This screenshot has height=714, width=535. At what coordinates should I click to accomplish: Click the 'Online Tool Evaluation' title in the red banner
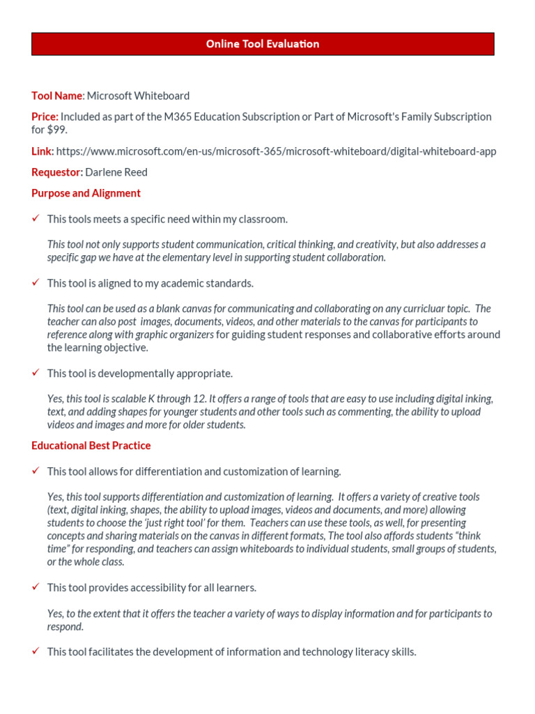point(263,44)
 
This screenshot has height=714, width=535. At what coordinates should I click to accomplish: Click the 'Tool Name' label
point(57,96)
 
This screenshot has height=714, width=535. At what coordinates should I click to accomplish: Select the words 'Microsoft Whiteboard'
point(138,96)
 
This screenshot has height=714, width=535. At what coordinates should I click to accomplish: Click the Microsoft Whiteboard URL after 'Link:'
point(276,151)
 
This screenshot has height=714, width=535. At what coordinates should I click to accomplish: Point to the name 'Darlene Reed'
point(116,172)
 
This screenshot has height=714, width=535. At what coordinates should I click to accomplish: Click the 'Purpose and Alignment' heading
point(86,193)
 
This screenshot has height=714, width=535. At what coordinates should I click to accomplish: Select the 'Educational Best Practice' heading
point(91,446)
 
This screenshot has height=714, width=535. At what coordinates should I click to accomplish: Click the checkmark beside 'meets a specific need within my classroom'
point(36,219)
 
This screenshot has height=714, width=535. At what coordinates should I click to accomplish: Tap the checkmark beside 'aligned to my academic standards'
point(36,283)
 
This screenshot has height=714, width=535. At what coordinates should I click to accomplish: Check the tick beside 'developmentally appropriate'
point(36,373)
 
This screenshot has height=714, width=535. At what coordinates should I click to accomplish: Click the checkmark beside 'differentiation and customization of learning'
point(36,471)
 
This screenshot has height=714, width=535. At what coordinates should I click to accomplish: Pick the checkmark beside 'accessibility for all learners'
point(36,587)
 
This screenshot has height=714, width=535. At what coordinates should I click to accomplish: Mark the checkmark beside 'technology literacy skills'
point(36,652)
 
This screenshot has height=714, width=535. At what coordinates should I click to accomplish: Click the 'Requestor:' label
point(57,172)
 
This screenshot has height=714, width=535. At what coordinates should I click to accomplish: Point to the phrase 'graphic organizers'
point(175,335)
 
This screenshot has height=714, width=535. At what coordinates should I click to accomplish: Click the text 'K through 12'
point(178,399)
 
